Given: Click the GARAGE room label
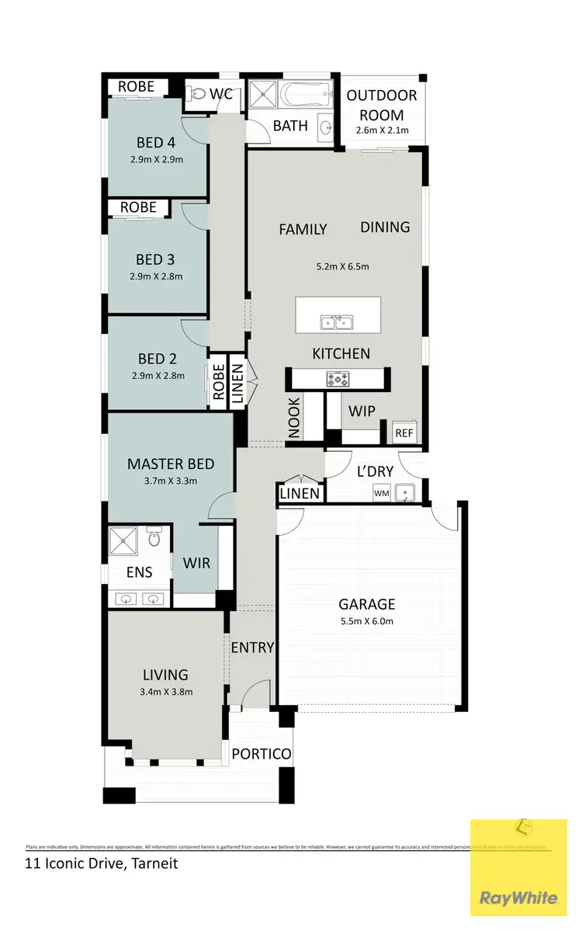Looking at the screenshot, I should click(x=367, y=604).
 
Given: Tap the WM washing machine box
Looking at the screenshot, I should click(x=381, y=492).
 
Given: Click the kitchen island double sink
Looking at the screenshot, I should click(x=338, y=321).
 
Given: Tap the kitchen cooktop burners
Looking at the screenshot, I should click(x=339, y=379).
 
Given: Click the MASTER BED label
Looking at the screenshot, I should click(x=170, y=464).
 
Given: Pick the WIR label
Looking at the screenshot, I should click(x=196, y=563).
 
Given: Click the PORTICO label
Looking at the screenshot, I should click(x=262, y=754).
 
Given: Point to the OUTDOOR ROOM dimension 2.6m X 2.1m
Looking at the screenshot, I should click(x=383, y=130).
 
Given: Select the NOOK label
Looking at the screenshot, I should click(x=294, y=419).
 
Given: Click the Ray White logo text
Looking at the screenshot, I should click(x=518, y=898).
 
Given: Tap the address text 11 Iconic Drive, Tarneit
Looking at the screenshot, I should click(x=101, y=863).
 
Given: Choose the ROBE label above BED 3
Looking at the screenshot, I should click(x=138, y=207).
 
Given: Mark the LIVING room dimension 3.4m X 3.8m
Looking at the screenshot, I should click(x=165, y=692).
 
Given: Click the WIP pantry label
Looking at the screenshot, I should click(x=362, y=410).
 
